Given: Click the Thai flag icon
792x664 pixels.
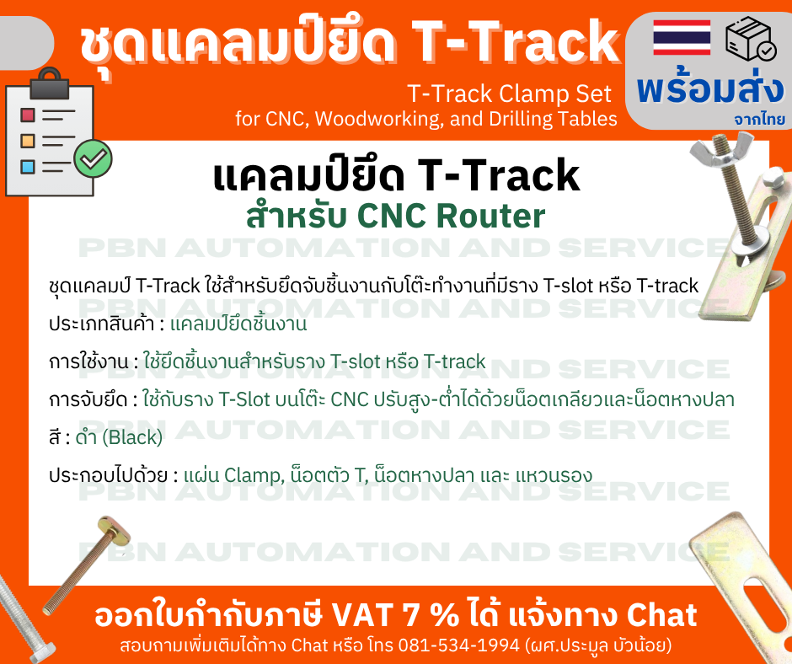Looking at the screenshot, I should [x=682, y=37].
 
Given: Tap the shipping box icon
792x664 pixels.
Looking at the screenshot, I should [x=752, y=39].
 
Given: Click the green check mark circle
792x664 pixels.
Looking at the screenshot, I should [x=93, y=157].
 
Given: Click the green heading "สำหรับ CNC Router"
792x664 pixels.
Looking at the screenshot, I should [x=396, y=217].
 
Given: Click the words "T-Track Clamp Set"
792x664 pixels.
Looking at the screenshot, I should [x=510, y=92].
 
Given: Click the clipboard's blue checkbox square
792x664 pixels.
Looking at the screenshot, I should [x=28, y=165].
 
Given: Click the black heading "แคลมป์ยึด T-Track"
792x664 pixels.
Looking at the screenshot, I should [x=396, y=176].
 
